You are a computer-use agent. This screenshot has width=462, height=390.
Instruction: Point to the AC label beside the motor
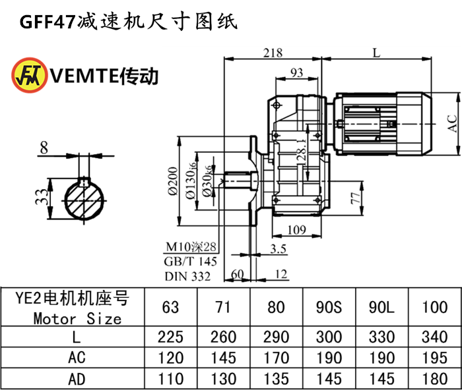(x=452, y=123)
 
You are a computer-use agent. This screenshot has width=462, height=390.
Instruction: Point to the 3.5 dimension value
(x=278, y=248)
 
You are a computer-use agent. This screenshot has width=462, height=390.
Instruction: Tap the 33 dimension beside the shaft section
(x=42, y=196)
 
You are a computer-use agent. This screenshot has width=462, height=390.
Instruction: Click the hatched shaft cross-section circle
(x=83, y=196)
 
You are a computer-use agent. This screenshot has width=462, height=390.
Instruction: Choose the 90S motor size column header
(x=329, y=307)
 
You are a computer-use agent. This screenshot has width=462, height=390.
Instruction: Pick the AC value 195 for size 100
(x=434, y=358)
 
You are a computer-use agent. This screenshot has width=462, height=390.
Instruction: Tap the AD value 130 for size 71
(x=223, y=379)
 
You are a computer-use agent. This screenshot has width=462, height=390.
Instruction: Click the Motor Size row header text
(x=77, y=319)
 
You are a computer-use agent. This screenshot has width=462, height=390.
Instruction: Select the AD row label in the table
(x=77, y=379)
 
